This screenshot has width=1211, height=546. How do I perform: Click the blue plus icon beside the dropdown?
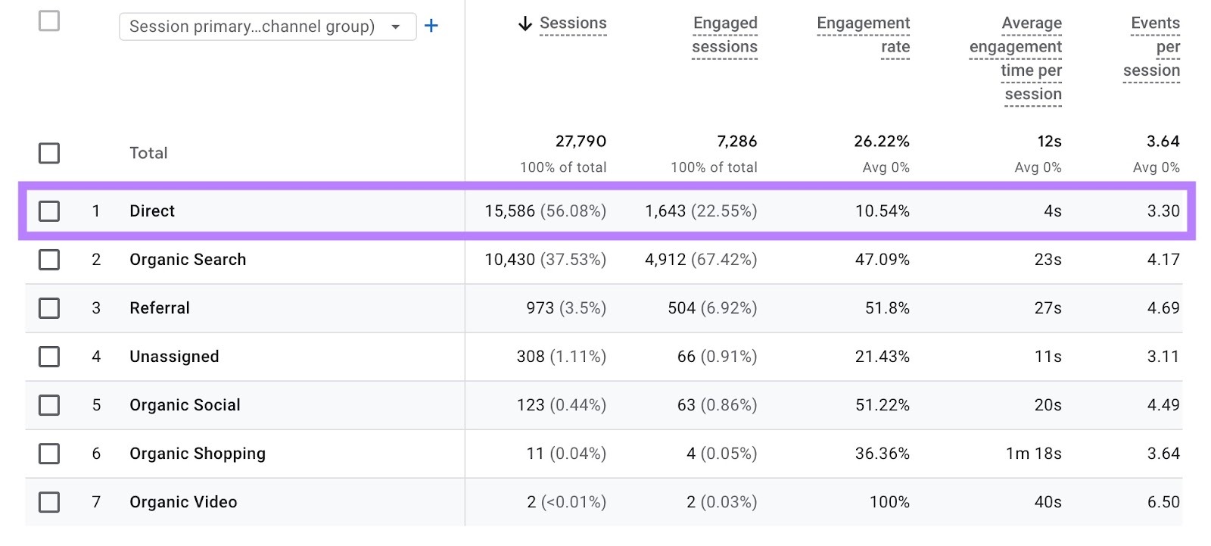pyautogui.click(x=431, y=26)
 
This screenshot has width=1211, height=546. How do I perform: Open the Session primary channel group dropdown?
pyautogui.click(x=267, y=27)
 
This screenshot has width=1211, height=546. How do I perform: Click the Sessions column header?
pyautogui.click(x=573, y=23)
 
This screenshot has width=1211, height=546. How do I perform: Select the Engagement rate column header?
pyautogui.click(x=864, y=35)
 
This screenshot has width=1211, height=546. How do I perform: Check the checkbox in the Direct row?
pyautogui.click(x=49, y=211)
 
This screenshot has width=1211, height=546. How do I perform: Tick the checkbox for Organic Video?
pyautogui.click(x=49, y=501)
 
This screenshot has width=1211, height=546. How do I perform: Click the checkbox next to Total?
pyautogui.click(x=49, y=153)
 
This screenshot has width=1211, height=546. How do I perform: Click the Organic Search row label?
pyautogui.click(x=188, y=259)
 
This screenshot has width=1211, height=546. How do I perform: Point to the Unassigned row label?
pyautogui.click(x=174, y=356)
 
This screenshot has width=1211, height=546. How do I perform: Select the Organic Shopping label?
pyautogui.click(x=198, y=453)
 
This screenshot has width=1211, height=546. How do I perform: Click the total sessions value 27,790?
pyautogui.click(x=581, y=142)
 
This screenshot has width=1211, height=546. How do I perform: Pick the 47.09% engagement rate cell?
pyautogui.click(x=882, y=259)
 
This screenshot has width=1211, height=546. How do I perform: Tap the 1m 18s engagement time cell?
pyautogui.click(x=1033, y=453)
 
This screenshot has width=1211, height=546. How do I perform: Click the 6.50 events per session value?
pyautogui.click(x=1163, y=501)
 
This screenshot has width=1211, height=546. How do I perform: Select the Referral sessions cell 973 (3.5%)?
pyautogui.click(x=566, y=307)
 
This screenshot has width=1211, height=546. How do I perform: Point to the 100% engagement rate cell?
pyautogui.click(x=889, y=501)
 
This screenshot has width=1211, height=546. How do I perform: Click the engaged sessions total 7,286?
pyautogui.click(x=736, y=142)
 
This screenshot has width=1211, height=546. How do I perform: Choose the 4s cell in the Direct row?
pyautogui.click(x=1052, y=211)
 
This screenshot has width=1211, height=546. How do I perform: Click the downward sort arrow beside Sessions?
pyautogui.click(x=525, y=24)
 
